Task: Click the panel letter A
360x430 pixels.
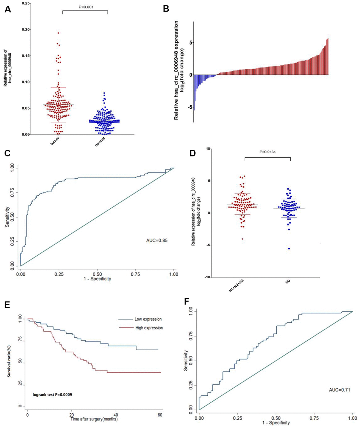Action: tap(8, 10)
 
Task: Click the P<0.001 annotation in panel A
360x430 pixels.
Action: tap(85, 6)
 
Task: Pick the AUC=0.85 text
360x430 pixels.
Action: tap(157, 241)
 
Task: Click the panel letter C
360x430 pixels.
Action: tap(8, 153)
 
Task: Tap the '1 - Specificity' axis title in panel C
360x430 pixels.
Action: tap(97, 279)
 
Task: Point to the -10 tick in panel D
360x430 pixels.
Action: tap(208, 277)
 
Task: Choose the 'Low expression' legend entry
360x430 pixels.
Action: tap(148, 319)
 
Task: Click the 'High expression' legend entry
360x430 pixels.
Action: tap(149, 328)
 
